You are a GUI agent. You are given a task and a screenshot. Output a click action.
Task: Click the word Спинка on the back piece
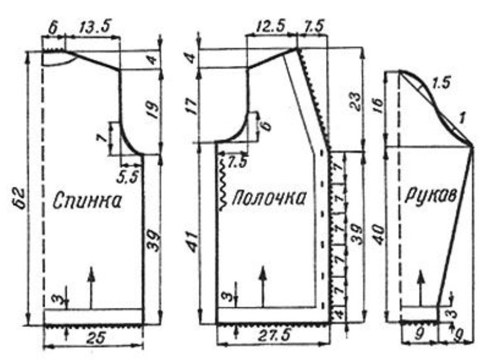[87, 201]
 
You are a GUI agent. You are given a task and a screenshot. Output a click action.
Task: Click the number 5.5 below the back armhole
[127, 177]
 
